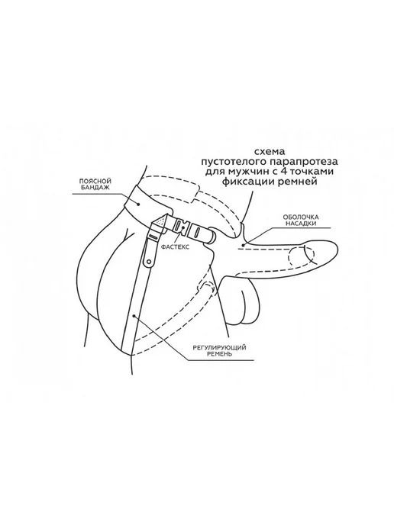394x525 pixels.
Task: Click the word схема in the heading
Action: [x=269, y=152]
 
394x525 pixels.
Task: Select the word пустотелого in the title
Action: [x=232, y=162]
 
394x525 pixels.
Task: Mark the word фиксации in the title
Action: [x=244, y=182]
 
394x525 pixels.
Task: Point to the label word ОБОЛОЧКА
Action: [x=301, y=217]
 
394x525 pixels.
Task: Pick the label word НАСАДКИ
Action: [x=301, y=224]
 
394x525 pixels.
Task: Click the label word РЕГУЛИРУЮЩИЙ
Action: [x=219, y=347]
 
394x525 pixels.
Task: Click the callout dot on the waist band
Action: [x=139, y=202]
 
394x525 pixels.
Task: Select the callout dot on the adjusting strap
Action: [x=134, y=314]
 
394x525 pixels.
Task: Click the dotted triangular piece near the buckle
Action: [x=162, y=221]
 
